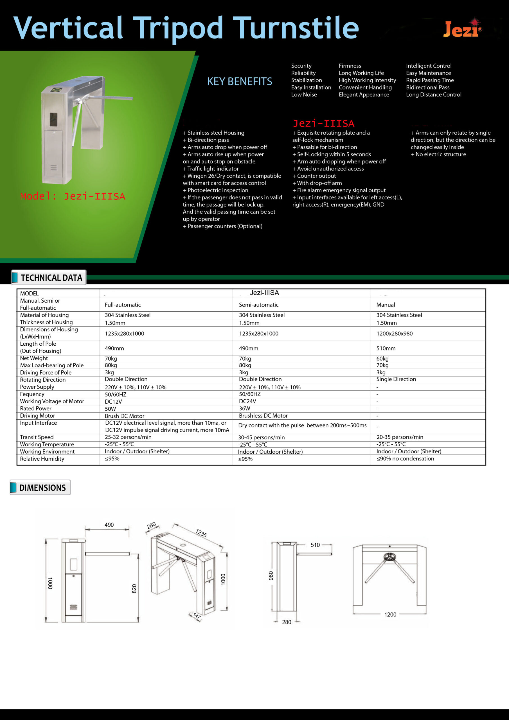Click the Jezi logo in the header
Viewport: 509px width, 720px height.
[462, 29]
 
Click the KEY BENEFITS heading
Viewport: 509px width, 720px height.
[240, 82]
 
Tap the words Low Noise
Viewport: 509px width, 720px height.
[304, 95]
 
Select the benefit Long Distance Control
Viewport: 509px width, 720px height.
[433, 95]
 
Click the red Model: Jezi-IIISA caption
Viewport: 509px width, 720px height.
[73, 196]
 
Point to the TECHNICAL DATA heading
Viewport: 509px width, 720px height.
[51, 278]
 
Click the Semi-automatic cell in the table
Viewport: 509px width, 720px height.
[258, 305]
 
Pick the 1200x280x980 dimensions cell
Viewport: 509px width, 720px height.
[394, 334]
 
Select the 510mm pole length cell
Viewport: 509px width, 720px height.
[386, 348]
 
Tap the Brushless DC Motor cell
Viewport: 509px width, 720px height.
[263, 416]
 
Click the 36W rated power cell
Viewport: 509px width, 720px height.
[245, 409]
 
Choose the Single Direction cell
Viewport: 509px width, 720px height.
[396, 379]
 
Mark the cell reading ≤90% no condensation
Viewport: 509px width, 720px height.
[405, 458]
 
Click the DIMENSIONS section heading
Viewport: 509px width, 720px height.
[42, 488]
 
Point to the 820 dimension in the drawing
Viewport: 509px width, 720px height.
[134, 589]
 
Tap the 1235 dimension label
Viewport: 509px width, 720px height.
[201, 533]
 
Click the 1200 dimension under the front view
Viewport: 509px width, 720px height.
[390, 615]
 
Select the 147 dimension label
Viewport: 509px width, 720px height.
[197, 616]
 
